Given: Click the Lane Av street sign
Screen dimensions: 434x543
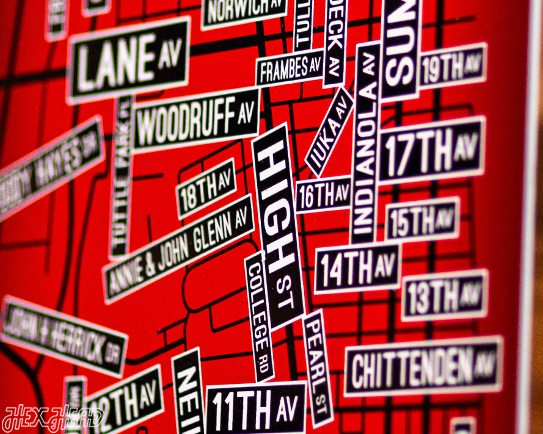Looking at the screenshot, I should [x=129, y=60].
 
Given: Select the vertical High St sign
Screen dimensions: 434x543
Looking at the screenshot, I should [x=277, y=226].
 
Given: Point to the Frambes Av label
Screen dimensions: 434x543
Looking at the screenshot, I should [x=290, y=70].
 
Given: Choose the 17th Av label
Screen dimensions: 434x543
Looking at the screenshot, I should [x=431, y=150].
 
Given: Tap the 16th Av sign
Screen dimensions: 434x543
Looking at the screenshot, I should [x=323, y=195].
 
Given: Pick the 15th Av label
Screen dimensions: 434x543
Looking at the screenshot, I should [x=422, y=219].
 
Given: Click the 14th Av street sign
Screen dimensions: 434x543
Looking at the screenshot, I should [x=357, y=268].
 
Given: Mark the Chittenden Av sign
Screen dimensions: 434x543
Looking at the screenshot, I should [x=423, y=366].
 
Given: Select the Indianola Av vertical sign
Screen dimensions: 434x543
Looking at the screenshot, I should [x=365, y=143].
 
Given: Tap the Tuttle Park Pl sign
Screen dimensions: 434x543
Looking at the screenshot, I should [x=122, y=177].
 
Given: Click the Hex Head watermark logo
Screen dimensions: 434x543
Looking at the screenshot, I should [x=53, y=419].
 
